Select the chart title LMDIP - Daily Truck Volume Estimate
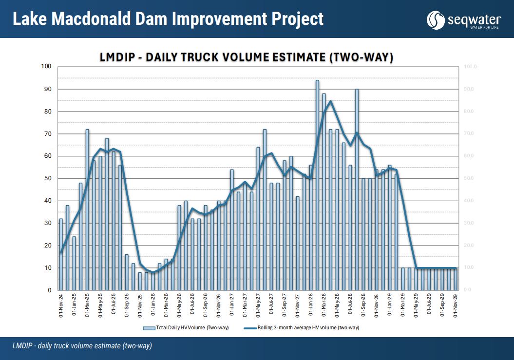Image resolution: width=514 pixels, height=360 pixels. [246, 57]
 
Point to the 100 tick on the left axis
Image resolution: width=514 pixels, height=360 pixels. [48, 67]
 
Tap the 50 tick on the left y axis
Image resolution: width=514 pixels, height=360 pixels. [49, 178]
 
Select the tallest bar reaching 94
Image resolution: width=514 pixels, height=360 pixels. [317, 185]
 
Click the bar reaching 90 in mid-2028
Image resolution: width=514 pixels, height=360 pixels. [357, 190]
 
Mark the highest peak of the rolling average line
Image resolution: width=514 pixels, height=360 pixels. [330, 101]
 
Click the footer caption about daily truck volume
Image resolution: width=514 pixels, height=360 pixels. [82, 346]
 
